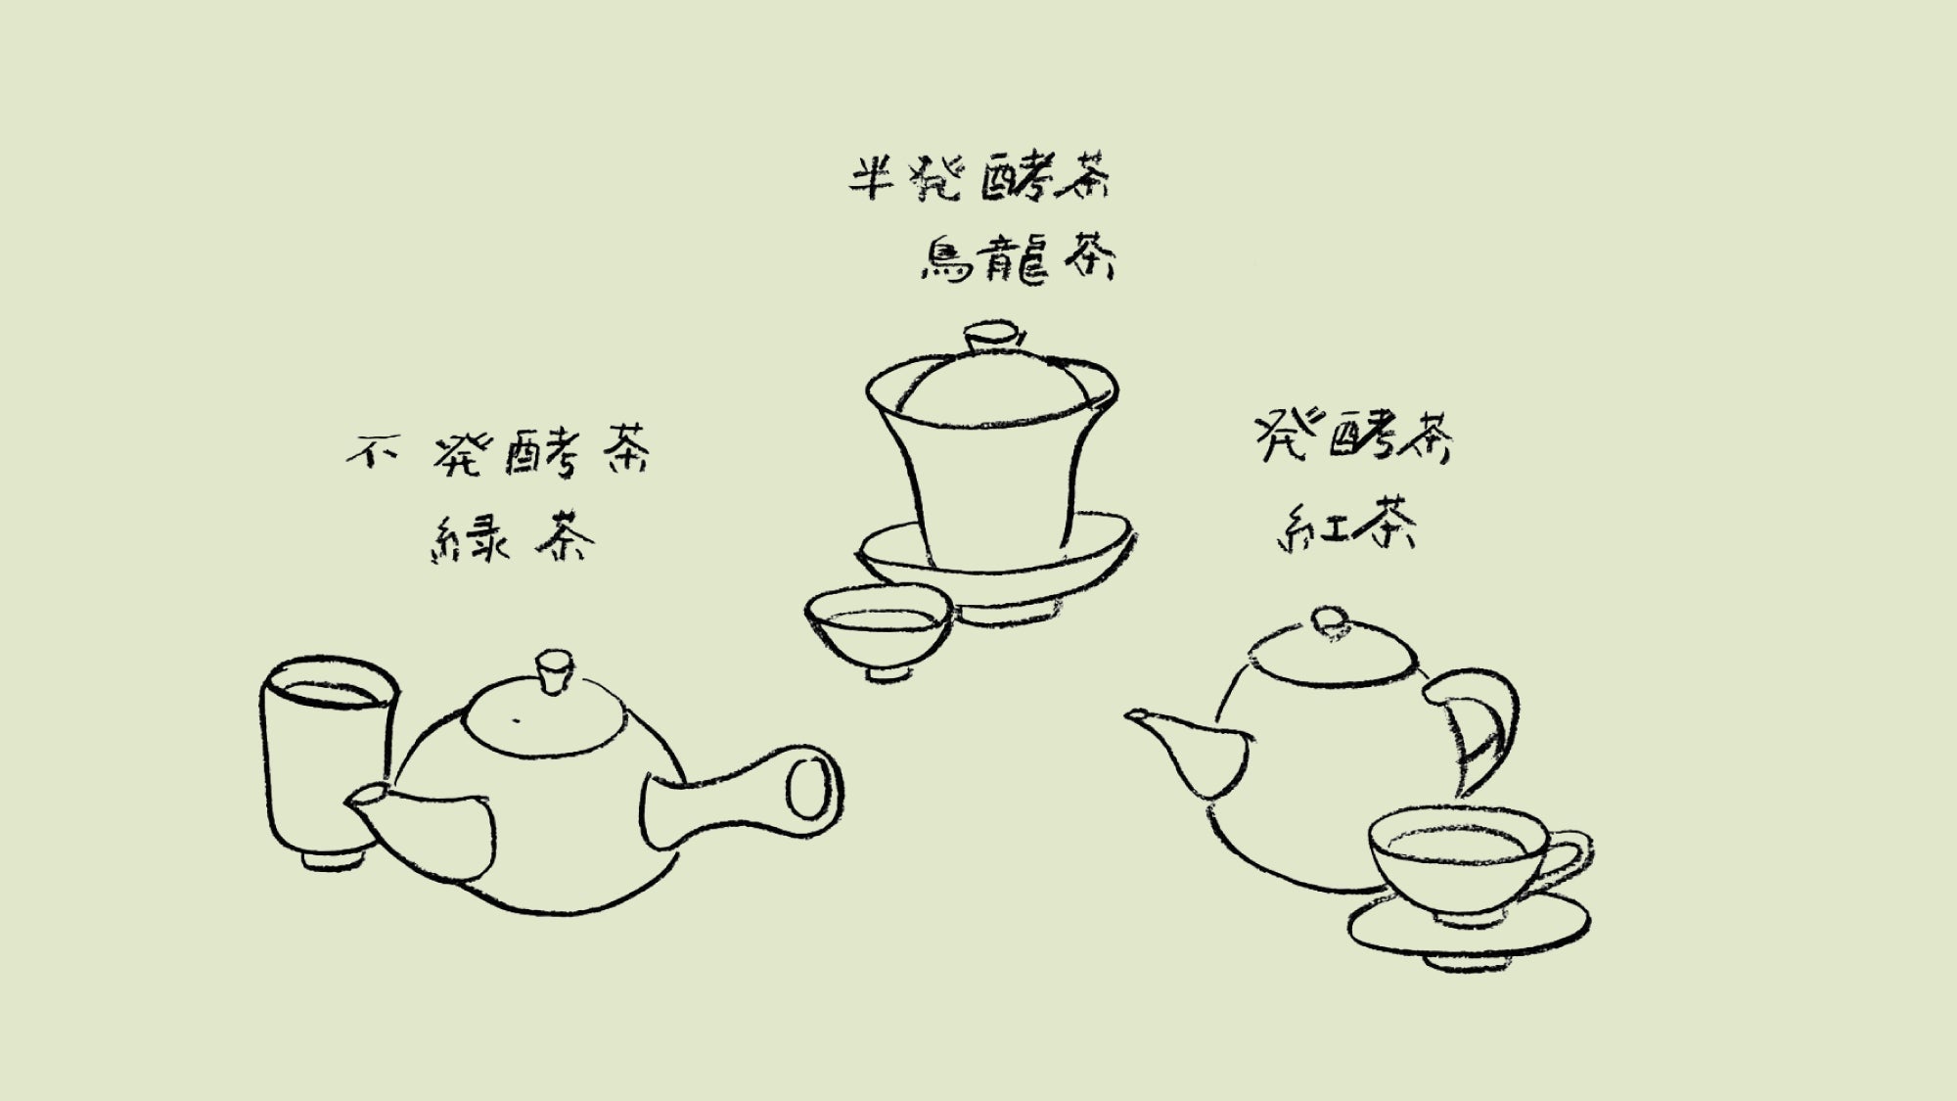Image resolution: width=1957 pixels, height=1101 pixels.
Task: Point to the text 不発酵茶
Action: pyautogui.click(x=499, y=452)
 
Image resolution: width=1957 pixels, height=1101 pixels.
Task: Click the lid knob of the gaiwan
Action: pyautogui.click(x=993, y=338)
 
